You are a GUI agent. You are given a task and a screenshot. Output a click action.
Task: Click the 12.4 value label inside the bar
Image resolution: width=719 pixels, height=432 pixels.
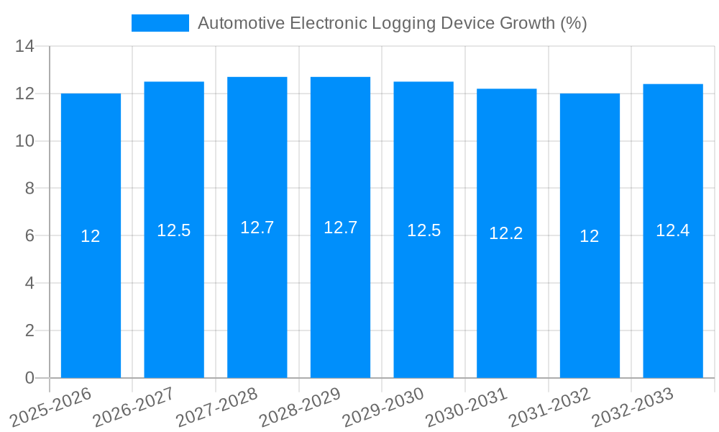673,230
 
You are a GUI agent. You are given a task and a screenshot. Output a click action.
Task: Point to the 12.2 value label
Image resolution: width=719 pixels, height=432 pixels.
506,233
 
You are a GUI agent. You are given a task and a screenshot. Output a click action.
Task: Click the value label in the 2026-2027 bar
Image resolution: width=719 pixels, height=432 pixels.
174,230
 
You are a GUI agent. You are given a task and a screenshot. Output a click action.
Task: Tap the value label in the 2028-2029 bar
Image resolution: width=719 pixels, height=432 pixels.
340,228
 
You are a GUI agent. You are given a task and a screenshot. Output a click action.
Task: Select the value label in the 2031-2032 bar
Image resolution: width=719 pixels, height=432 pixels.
590,236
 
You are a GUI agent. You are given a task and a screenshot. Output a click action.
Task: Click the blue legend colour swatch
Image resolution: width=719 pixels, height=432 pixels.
160,23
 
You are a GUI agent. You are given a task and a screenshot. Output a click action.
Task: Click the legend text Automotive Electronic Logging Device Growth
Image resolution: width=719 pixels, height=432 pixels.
392,23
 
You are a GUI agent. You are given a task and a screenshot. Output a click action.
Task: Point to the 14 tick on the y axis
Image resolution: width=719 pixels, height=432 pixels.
24,47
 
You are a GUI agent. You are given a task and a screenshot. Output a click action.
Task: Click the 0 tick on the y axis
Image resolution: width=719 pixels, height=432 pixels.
29,378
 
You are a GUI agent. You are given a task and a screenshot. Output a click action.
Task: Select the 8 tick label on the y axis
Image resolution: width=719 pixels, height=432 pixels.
29,189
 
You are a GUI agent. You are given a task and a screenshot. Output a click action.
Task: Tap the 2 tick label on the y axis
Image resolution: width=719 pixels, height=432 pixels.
29,330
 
